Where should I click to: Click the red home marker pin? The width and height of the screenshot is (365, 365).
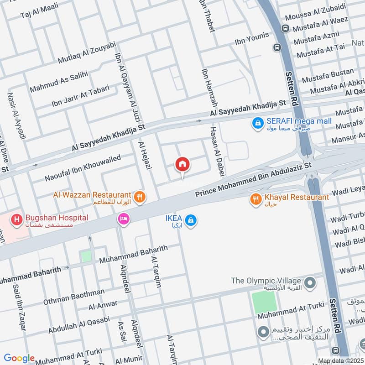click(x=182, y=164)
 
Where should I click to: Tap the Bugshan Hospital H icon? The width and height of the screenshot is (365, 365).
click(x=17, y=219)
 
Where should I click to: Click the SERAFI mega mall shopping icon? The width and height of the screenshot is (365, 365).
click(x=258, y=122)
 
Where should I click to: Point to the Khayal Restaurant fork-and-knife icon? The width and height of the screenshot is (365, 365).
click(x=255, y=198)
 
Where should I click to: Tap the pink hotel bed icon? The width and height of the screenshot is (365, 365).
click(x=123, y=219)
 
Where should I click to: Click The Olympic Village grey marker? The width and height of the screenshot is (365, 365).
click(x=310, y=283)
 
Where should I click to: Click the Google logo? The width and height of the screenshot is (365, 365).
click(x=19, y=358)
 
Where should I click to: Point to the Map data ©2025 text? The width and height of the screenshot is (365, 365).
click(x=340, y=361)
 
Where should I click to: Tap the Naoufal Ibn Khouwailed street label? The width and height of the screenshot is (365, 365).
click(x=83, y=167)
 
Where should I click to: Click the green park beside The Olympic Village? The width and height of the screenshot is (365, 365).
click(x=264, y=302)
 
